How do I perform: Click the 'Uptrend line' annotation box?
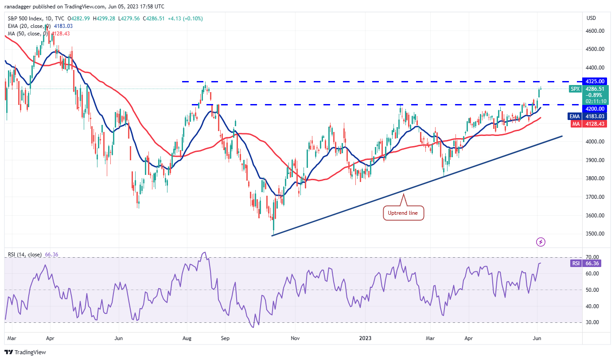coord(403,213)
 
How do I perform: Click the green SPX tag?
coord(576,89)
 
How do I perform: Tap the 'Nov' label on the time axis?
coord(296,338)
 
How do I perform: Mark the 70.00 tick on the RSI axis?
coord(592,257)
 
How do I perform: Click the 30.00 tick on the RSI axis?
coord(592,322)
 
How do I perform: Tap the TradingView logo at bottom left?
coord(25,352)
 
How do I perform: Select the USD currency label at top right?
coord(591,18)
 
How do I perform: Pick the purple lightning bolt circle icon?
coord(541,242)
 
